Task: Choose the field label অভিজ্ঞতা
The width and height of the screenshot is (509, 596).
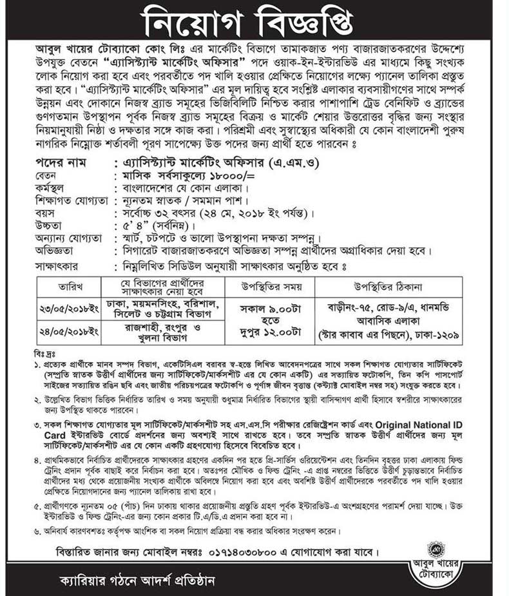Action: (x=55, y=250)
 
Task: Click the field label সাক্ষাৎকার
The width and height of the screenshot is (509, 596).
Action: (x=59, y=264)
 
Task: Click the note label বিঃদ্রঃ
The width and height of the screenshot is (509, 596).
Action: (x=43, y=354)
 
